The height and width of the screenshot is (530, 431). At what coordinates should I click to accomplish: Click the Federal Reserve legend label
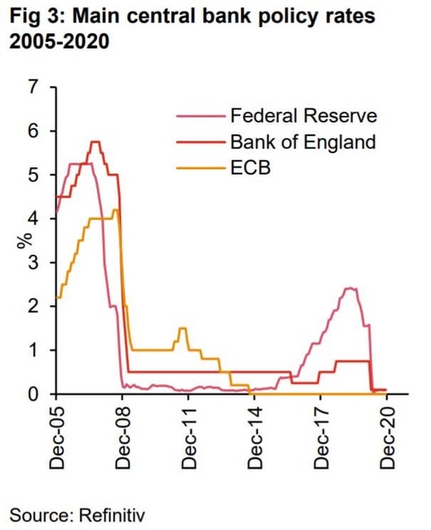coord(304,115)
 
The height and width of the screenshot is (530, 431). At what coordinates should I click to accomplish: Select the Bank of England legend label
coord(302,141)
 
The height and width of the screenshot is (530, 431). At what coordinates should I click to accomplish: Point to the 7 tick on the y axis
coord(35,88)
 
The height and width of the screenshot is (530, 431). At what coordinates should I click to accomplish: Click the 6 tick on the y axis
coord(35,132)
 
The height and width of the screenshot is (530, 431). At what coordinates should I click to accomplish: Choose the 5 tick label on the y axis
coord(35,175)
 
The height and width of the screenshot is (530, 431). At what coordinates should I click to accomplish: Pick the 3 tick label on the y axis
coord(35,262)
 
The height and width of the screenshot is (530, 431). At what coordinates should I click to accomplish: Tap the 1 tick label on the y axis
coord(35,350)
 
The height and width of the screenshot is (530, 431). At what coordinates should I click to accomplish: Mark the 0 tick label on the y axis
coord(35,394)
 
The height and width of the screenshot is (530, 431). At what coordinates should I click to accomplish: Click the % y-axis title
coord(26,242)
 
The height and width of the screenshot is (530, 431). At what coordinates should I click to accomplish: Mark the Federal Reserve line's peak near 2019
coord(350,288)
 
